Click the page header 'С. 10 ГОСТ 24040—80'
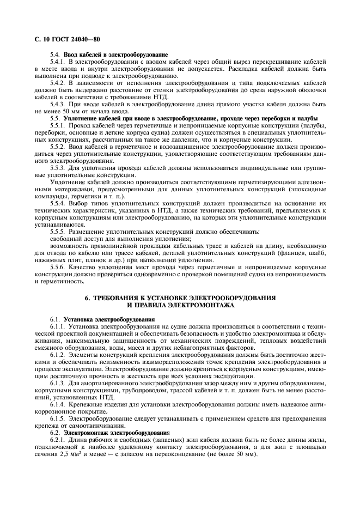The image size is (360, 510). [x=63, y=40]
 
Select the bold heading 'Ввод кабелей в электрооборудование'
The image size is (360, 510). [x=115, y=55]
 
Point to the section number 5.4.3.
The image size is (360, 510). [x=58, y=104]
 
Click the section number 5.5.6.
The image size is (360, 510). [x=58, y=268]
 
